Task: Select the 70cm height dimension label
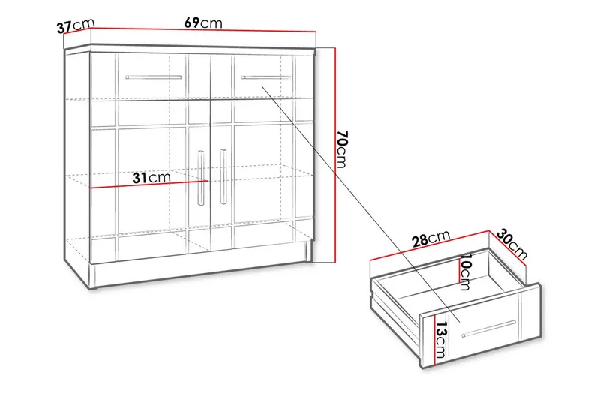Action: point(342,149)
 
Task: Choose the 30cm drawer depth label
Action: point(514,244)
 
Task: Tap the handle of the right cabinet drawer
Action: point(265,77)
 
